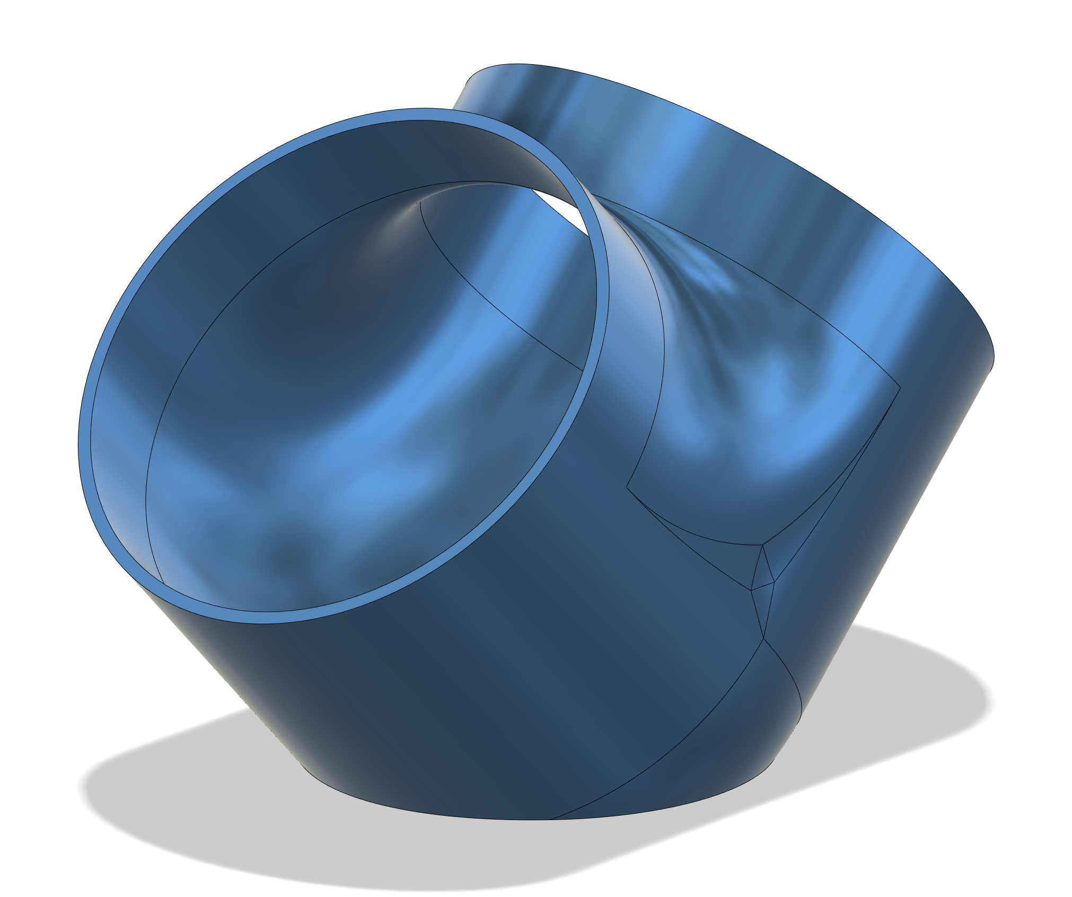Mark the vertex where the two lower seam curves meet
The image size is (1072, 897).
[x=764, y=639]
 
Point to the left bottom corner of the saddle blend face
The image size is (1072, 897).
[x=627, y=485]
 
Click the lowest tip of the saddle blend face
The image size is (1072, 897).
[x=762, y=545]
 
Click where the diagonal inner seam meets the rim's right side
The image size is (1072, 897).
[x=583, y=370]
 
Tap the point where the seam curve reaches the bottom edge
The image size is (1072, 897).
[x=550, y=820]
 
